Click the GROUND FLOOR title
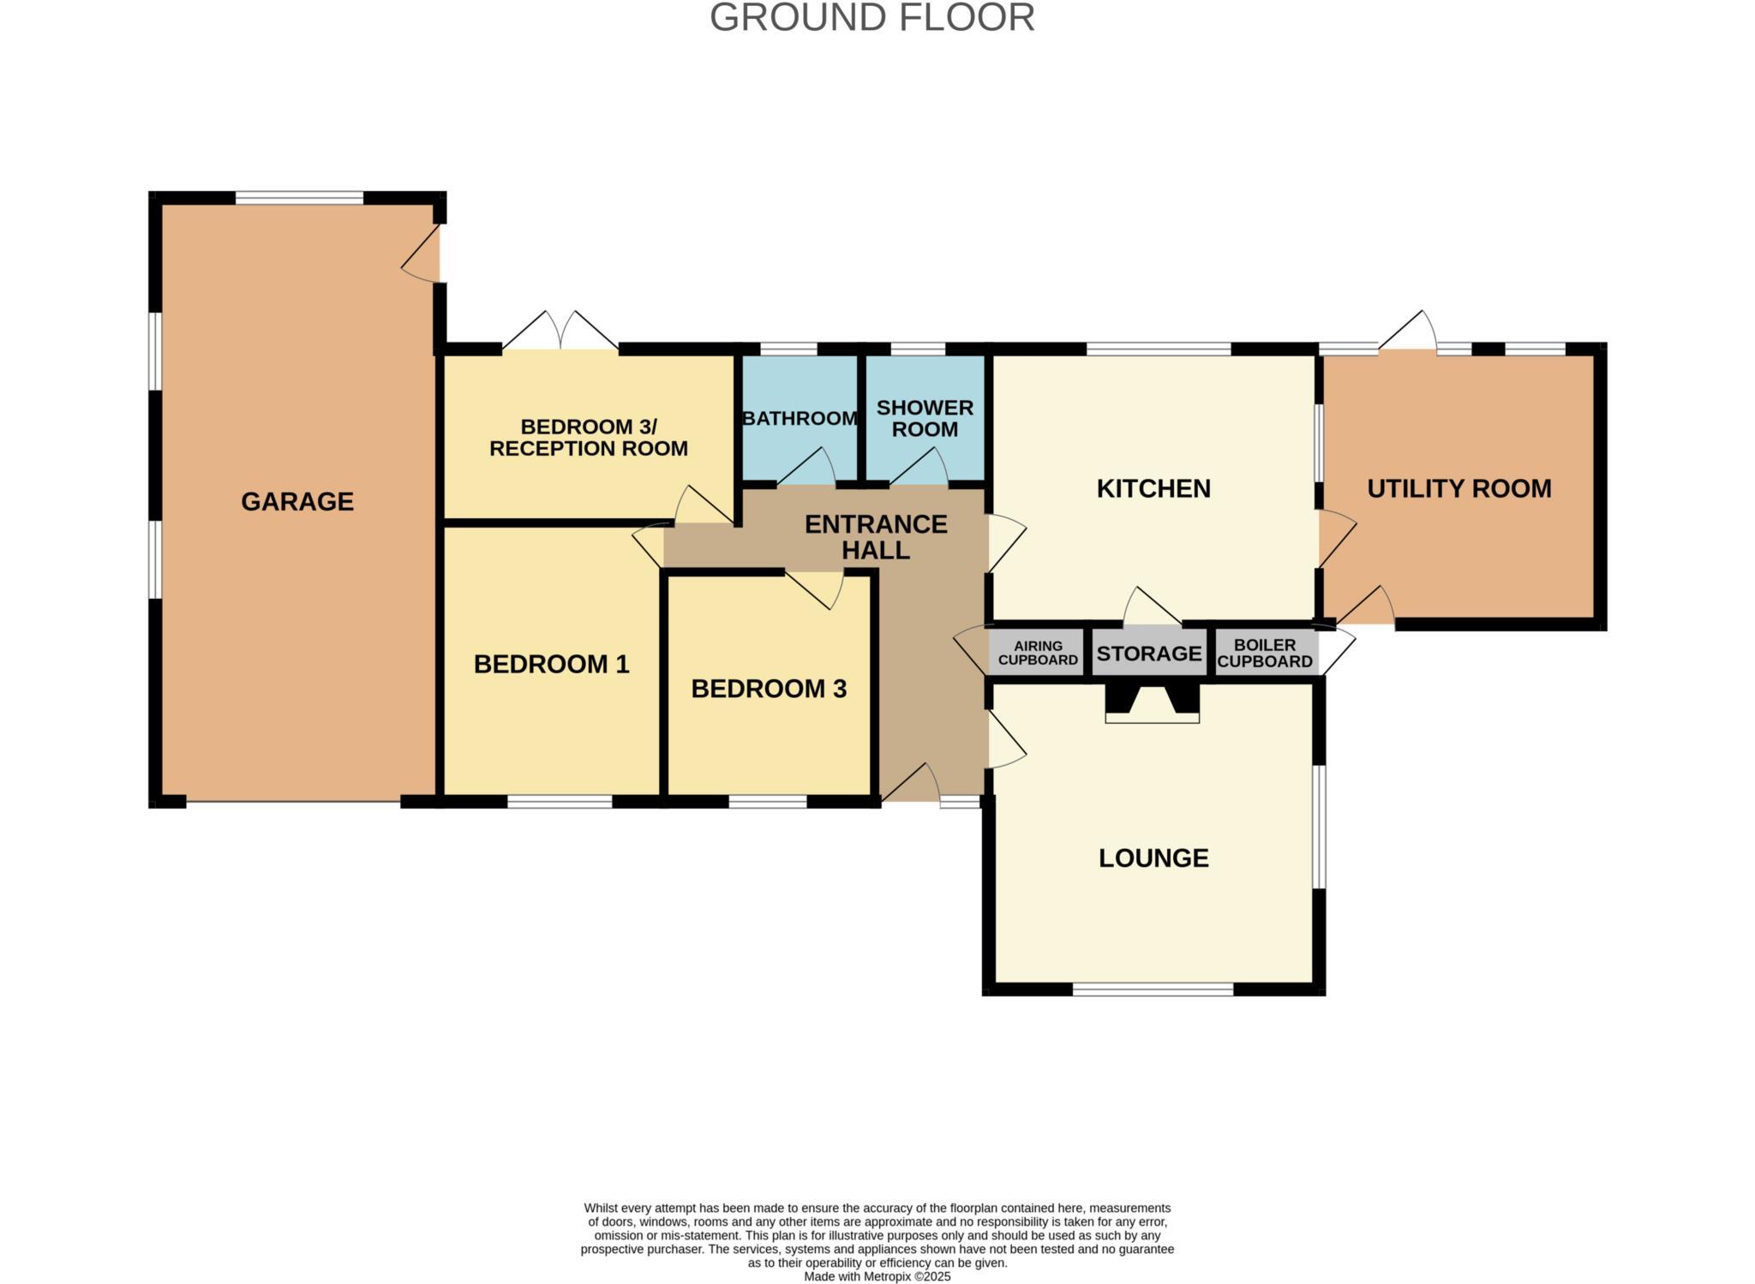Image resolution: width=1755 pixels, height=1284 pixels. click(872, 18)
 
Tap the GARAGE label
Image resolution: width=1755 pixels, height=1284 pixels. click(296, 501)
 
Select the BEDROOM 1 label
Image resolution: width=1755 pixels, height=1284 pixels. click(551, 664)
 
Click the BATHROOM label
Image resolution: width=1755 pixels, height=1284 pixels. click(800, 418)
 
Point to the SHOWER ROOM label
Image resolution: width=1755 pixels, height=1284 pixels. click(925, 418)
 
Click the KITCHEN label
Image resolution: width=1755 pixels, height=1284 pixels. click(1153, 488)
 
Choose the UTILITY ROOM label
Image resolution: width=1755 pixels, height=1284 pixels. click(1459, 488)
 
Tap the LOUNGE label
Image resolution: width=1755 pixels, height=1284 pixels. click(1153, 857)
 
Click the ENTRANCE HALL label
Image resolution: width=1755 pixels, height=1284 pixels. click(875, 537)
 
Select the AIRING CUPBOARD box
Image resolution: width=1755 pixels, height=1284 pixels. click(1038, 653)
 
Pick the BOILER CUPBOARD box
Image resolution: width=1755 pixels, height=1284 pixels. click(1265, 653)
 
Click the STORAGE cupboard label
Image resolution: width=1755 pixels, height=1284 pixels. click(1148, 654)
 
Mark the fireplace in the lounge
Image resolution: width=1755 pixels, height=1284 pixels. click(1152, 702)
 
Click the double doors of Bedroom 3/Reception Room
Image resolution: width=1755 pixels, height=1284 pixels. click(560, 334)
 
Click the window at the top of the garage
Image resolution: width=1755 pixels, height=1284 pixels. click(299, 198)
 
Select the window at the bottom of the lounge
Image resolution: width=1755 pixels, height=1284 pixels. click(1153, 989)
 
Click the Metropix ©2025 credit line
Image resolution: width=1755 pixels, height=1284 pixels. click(877, 1276)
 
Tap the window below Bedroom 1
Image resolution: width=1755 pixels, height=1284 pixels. click(559, 802)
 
